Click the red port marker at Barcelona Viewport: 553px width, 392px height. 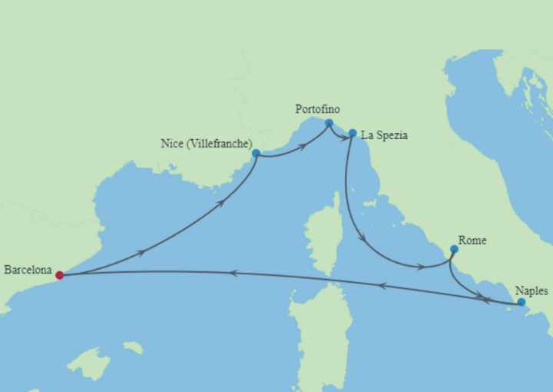pyautogui.click(x=60, y=275)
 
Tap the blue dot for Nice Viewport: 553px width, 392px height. pyautogui.click(x=256, y=153)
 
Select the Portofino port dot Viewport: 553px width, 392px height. pyautogui.click(x=329, y=123)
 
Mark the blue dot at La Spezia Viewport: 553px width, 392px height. pyautogui.click(x=353, y=133)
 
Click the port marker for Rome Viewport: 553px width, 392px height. pyautogui.click(x=454, y=249)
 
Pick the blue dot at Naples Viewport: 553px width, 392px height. pyautogui.click(x=522, y=303)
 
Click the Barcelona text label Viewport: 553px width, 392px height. pyautogui.click(x=28, y=270)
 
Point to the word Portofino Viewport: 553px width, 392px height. pyautogui.click(x=317, y=109)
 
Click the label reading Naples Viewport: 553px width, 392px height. pyautogui.click(x=531, y=291)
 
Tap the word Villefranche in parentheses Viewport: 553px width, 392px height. pyautogui.click(x=219, y=144)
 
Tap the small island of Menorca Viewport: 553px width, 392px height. pyautogui.click(x=133, y=347)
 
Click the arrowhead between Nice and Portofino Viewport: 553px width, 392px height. pyautogui.click(x=303, y=144)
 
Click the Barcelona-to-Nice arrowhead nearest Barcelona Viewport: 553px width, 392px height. pyautogui.click(x=141, y=252)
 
